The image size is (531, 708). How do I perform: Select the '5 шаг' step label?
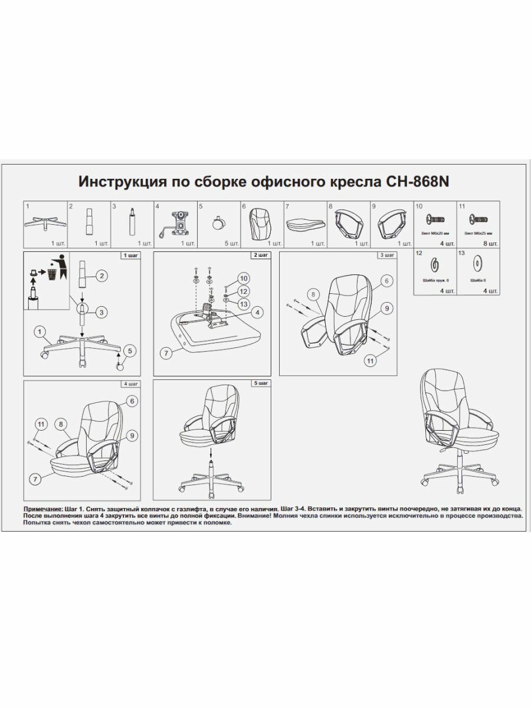[x=260, y=383]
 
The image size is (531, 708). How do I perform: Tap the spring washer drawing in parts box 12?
[x=435, y=263]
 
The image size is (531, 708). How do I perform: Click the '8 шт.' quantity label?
[x=490, y=243]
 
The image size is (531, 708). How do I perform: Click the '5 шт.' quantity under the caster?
[x=233, y=243]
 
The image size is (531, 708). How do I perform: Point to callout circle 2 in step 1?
[x=102, y=276]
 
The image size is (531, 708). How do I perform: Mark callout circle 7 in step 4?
[x=35, y=480]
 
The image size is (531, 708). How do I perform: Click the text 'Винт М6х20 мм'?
[x=435, y=234]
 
